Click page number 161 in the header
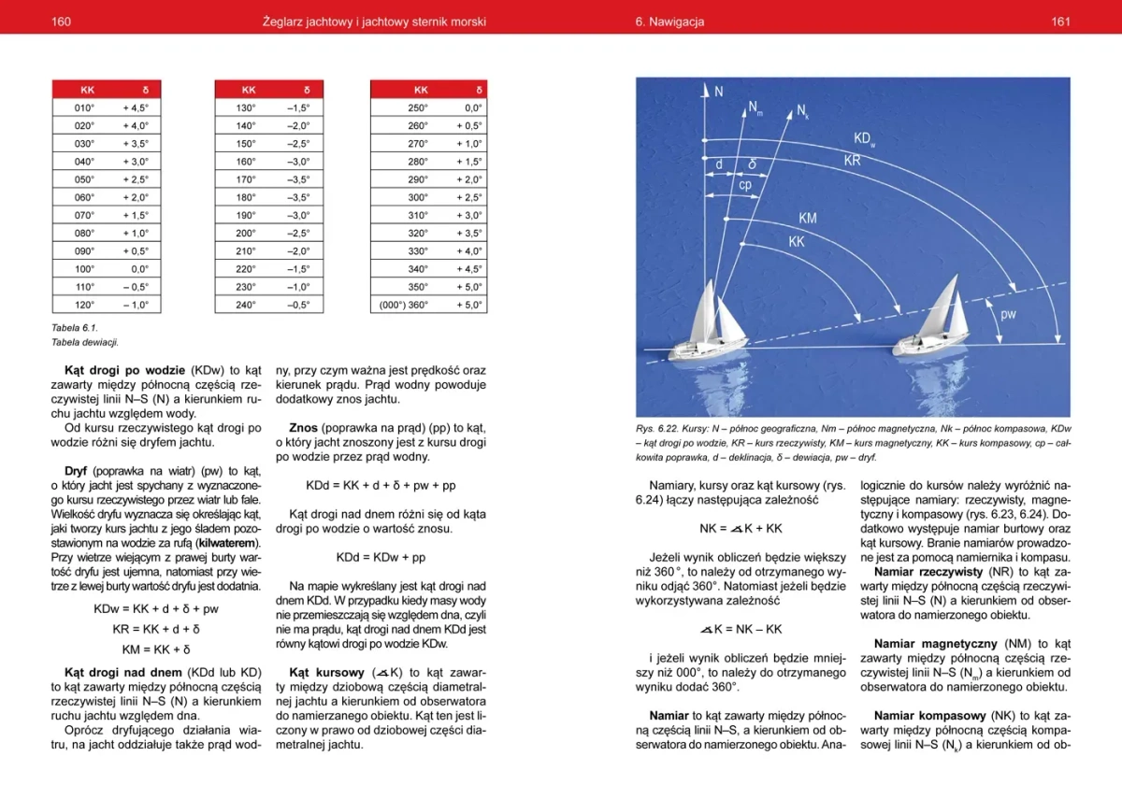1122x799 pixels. [x=1060, y=21]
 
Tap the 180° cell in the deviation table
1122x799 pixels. [x=246, y=197]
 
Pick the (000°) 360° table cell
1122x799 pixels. [x=403, y=305]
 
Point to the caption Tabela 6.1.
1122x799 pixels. [x=74, y=328]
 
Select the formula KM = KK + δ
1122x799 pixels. [x=156, y=649]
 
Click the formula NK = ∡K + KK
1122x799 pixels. [x=741, y=528]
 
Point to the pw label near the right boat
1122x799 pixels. [x=1008, y=314]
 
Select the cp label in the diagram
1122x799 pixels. [x=745, y=185]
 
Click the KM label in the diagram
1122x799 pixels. [x=808, y=219]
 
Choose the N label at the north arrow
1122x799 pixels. [x=718, y=92]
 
